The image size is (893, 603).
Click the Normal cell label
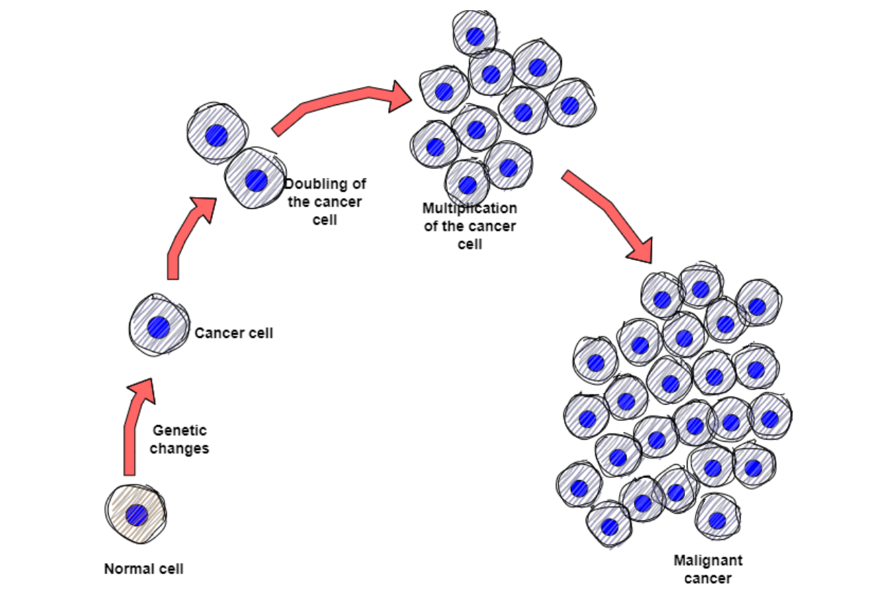(x=144, y=569)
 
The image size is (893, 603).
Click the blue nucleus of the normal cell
(x=137, y=515)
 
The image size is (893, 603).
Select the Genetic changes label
(x=179, y=440)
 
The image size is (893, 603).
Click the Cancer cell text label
(x=234, y=333)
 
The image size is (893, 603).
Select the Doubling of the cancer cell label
(x=325, y=202)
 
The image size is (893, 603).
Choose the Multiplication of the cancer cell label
(x=470, y=225)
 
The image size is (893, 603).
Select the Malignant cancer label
(x=708, y=569)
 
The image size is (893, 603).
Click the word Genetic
(x=179, y=431)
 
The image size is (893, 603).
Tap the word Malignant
(x=708, y=560)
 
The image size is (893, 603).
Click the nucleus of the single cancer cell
(x=159, y=327)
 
